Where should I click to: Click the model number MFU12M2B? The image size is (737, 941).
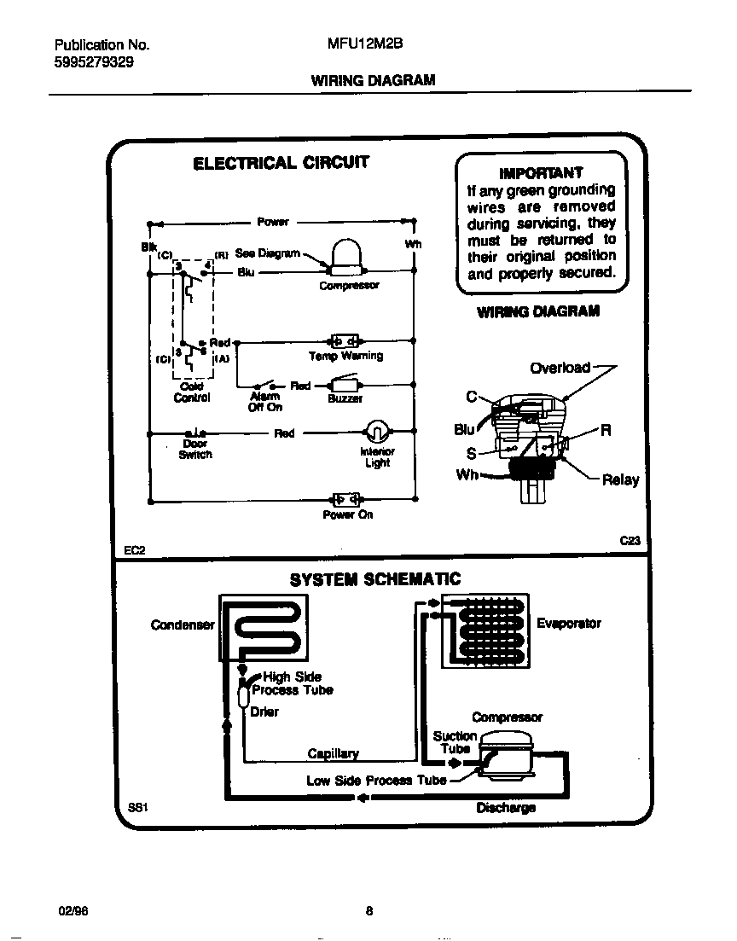click(359, 44)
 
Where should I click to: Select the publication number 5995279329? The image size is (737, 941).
click(93, 62)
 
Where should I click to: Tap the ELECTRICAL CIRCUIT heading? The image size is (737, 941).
click(281, 163)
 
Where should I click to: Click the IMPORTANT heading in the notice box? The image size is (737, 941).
click(541, 172)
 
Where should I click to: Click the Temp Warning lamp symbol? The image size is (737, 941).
click(345, 340)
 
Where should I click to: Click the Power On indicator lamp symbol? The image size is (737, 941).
click(346, 498)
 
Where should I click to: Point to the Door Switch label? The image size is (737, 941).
click(195, 449)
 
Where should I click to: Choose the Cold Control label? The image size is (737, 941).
click(192, 392)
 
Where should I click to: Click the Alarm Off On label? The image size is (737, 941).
click(265, 402)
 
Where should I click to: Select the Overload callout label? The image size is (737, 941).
click(560, 368)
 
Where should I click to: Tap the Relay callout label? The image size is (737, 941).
click(620, 479)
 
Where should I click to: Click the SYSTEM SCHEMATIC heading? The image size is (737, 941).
click(374, 579)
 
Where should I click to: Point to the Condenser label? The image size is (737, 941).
click(183, 624)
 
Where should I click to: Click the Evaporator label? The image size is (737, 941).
click(568, 624)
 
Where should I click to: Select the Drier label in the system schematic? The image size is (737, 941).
click(264, 712)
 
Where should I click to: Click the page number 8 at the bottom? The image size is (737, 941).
click(368, 909)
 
